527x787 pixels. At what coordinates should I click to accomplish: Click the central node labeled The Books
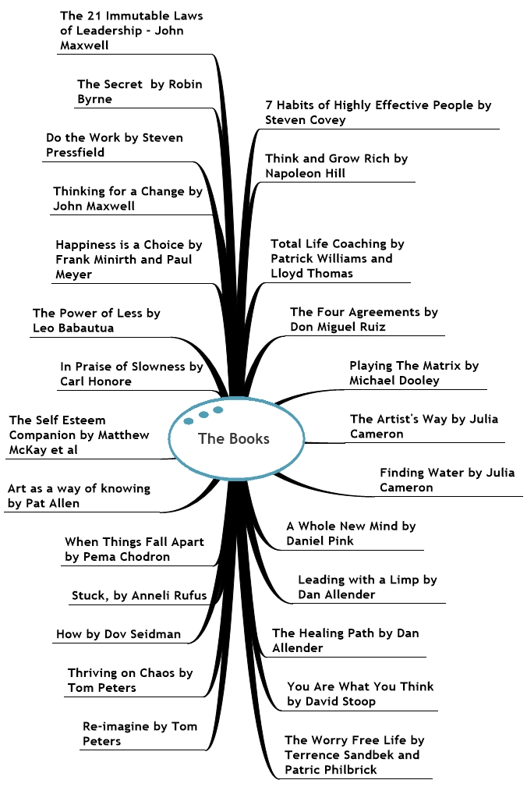[x=234, y=438]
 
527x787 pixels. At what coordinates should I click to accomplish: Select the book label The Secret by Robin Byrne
[x=140, y=92]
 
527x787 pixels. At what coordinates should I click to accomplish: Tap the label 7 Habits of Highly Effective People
[x=378, y=112]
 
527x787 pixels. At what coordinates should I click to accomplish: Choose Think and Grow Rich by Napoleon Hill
[x=336, y=165]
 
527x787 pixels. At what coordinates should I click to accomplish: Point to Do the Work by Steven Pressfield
[x=115, y=145]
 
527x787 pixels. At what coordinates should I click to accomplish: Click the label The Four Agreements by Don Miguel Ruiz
[x=363, y=319]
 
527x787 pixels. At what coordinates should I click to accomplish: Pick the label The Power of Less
[x=96, y=321]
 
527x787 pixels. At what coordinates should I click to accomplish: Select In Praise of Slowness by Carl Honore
[x=131, y=374]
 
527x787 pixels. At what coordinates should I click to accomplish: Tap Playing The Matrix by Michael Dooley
[x=413, y=373]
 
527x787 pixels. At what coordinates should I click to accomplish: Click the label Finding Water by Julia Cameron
[x=447, y=480]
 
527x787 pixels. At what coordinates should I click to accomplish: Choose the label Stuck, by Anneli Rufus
[x=140, y=596]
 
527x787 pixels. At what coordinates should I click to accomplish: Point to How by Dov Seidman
[x=118, y=634]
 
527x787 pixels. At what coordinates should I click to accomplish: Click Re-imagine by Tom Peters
[x=140, y=733]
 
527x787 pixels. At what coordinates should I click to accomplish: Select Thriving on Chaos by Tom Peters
[x=130, y=680]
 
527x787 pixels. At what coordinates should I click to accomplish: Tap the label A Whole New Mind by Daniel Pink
[x=351, y=534]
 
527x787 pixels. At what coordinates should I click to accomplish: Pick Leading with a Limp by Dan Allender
[x=367, y=587]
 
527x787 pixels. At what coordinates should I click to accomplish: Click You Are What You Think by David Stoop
[x=360, y=693]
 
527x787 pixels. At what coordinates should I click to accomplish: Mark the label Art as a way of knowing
[x=79, y=496]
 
